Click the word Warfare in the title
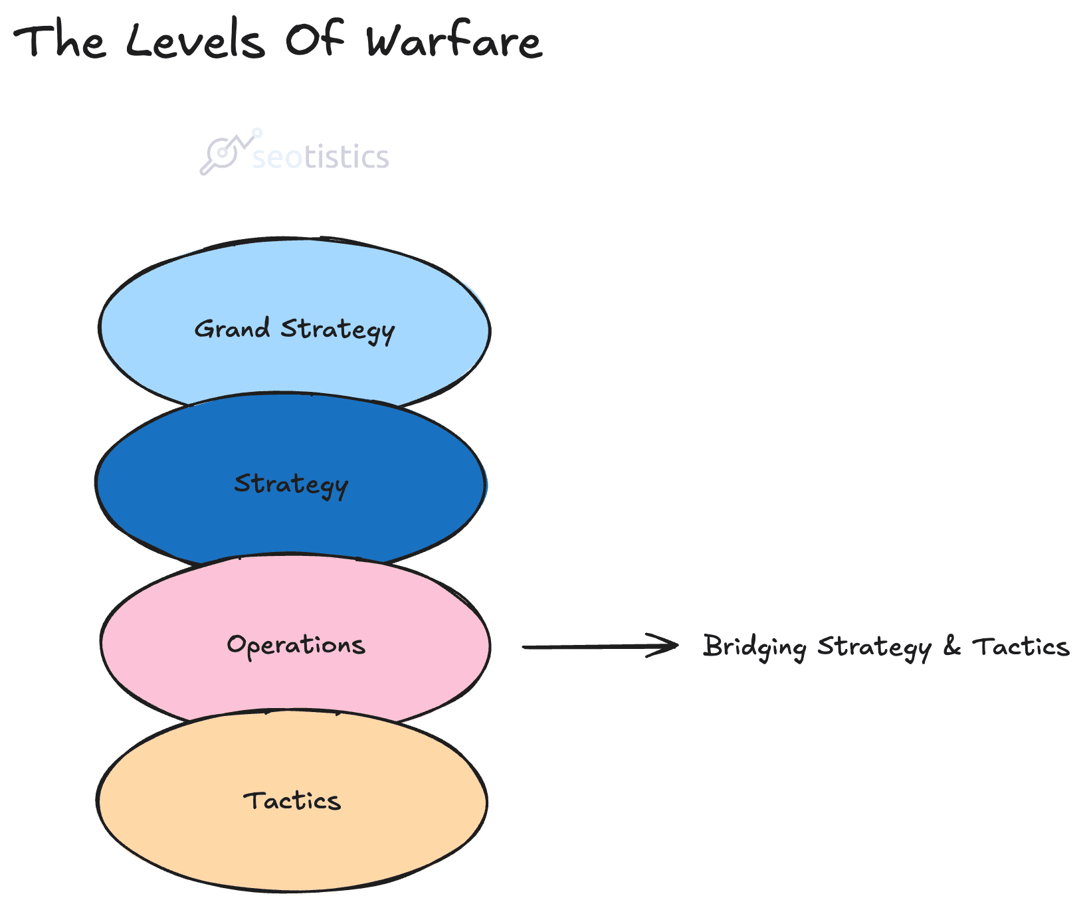pos(454,41)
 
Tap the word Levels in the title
pos(195,41)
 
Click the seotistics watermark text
pos(321,157)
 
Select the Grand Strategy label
pos(294,329)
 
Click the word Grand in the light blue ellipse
pos(232,328)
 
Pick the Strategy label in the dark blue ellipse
pos(291,484)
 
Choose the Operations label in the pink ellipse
pos(296,645)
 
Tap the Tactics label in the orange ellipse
pos(292,800)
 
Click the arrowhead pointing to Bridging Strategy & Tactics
pos(668,646)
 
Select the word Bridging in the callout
pos(755,647)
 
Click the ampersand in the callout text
pos(952,646)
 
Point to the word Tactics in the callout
pos(1021,646)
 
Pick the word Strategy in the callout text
pos(874,647)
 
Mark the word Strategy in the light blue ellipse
pos(338,330)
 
